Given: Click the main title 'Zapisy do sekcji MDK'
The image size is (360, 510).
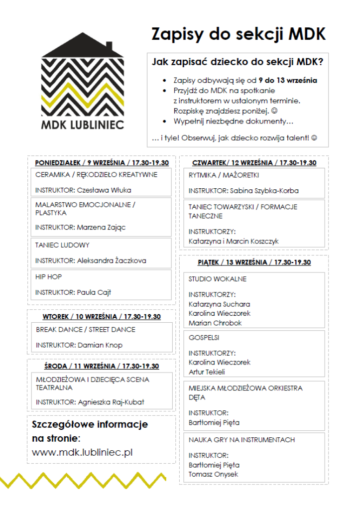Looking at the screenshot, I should [x=239, y=34].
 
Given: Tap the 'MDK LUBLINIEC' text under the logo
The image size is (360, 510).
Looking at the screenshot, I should [x=83, y=124].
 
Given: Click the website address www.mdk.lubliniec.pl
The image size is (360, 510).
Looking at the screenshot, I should [x=82, y=453].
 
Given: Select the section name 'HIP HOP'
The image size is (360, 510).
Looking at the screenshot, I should [x=49, y=276].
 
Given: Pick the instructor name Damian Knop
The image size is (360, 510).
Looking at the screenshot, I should [x=100, y=345].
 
